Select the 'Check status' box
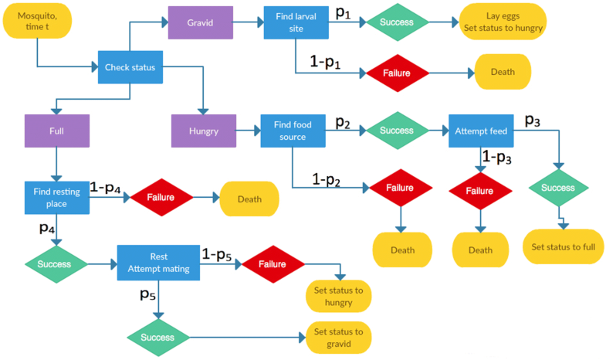[x=130, y=68]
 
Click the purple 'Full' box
[x=57, y=131]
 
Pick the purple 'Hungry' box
[x=203, y=131]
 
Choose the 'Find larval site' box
[x=296, y=22]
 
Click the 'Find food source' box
[x=293, y=131]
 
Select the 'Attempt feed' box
[x=481, y=131]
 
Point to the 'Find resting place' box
[x=56, y=197]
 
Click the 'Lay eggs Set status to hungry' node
[x=503, y=22]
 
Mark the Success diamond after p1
[x=397, y=22]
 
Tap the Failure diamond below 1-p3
[x=479, y=191]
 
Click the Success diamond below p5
[x=158, y=337]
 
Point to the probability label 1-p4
[x=105, y=188]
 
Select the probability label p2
[x=343, y=122]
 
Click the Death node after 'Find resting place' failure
[x=249, y=199]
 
